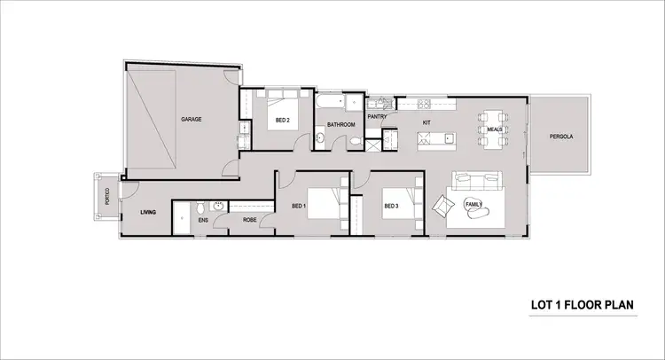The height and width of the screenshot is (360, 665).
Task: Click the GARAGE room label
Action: pyautogui.click(x=192, y=119)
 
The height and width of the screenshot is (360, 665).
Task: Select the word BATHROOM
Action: pyautogui.click(x=340, y=125)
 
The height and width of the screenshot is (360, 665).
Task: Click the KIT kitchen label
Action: pyautogui.click(x=426, y=121)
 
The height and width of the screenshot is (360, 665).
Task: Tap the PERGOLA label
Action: pyautogui.click(x=560, y=137)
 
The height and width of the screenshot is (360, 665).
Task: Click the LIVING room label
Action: pyautogui.click(x=147, y=212)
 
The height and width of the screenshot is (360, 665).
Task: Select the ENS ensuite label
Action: pyautogui.click(x=202, y=220)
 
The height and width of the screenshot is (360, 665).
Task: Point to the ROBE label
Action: pyautogui.click(x=249, y=220)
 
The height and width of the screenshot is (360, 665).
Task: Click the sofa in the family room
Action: pyautogui.click(x=480, y=181)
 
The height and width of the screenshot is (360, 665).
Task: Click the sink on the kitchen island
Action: pyautogui.click(x=449, y=137)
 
